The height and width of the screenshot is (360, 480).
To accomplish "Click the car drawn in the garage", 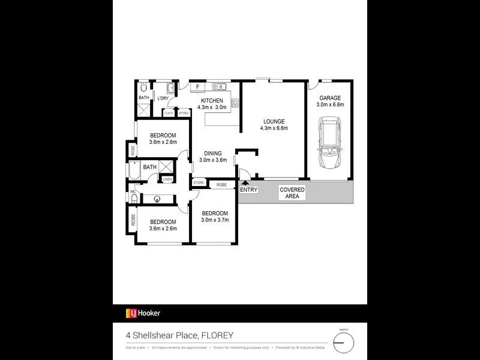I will [x=330, y=143].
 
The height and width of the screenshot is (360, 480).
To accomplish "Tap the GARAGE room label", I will [x=330, y=97].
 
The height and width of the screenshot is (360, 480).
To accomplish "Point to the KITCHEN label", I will [x=212, y=100].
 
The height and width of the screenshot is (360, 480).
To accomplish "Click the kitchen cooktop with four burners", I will [x=235, y=103].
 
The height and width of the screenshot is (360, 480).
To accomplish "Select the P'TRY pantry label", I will [x=184, y=113].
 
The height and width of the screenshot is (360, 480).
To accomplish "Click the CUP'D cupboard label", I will [x=169, y=113].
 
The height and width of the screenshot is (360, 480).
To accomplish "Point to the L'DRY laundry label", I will [x=163, y=98].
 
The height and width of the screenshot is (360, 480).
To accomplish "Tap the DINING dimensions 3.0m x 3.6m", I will [x=212, y=160].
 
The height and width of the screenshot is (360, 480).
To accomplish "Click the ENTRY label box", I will [x=248, y=190].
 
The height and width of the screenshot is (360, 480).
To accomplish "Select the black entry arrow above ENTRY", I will [x=244, y=182].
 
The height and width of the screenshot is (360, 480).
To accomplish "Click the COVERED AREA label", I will [x=292, y=193].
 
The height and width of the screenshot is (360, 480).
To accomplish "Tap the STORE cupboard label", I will [x=199, y=182].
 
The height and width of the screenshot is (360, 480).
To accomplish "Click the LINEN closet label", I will [x=167, y=179].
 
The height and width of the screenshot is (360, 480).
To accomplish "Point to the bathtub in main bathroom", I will [x=134, y=173].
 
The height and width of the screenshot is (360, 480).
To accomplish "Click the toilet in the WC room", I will [x=134, y=197].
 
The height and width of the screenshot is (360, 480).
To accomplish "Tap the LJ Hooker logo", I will [x=143, y=313].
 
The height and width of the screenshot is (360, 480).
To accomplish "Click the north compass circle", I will [x=344, y=343].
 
